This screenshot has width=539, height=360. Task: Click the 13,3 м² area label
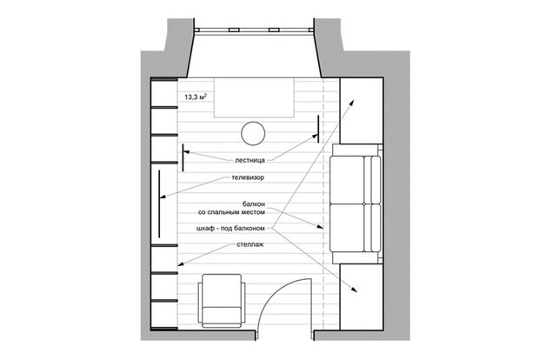click(196, 97)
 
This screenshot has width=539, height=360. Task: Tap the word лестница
click(250, 160)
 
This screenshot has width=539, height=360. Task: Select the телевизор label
click(248, 177)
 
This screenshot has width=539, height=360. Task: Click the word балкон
click(254, 204)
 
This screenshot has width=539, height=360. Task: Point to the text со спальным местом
click(232, 212)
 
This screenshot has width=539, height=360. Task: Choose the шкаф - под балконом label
click(230, 228)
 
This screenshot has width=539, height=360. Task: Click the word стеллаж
click(250, 244)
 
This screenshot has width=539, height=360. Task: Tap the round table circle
click(253, 133)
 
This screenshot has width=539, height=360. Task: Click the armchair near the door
click(222, 301)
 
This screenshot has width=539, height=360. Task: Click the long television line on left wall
click(159, 203)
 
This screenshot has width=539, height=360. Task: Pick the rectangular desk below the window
click(254, 97)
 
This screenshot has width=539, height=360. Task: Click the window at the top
click(254, 30)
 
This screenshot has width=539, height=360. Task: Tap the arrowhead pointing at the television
click(163, 197)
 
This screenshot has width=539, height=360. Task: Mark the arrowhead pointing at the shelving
click(180, 264)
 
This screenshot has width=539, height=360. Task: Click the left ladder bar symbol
click(183, 157)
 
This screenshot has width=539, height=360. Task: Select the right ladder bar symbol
click(318, 129)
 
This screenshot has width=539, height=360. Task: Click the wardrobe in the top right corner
click(362, 110)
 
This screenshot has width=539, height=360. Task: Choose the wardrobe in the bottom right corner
click(362, 297)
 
